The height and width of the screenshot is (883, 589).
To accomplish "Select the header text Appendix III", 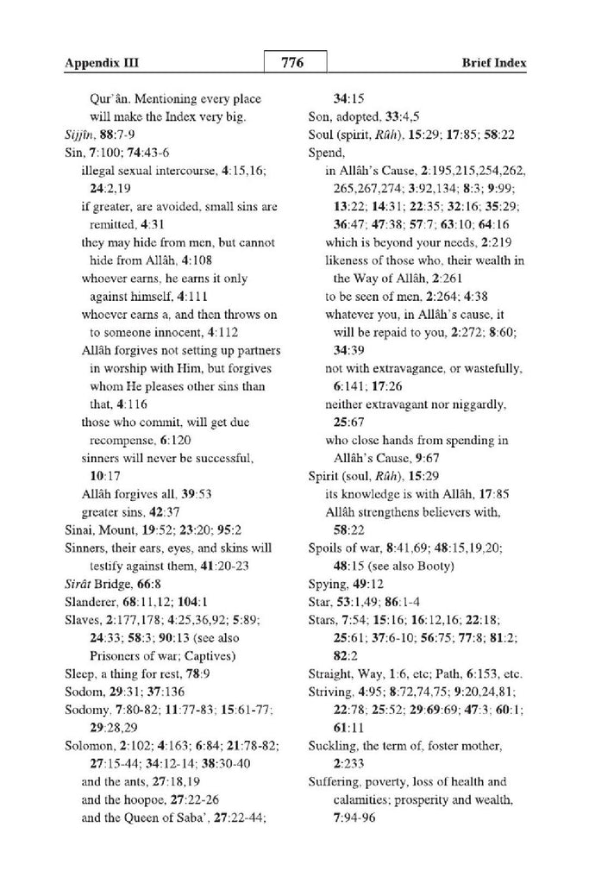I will click(x=102, y=64).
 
